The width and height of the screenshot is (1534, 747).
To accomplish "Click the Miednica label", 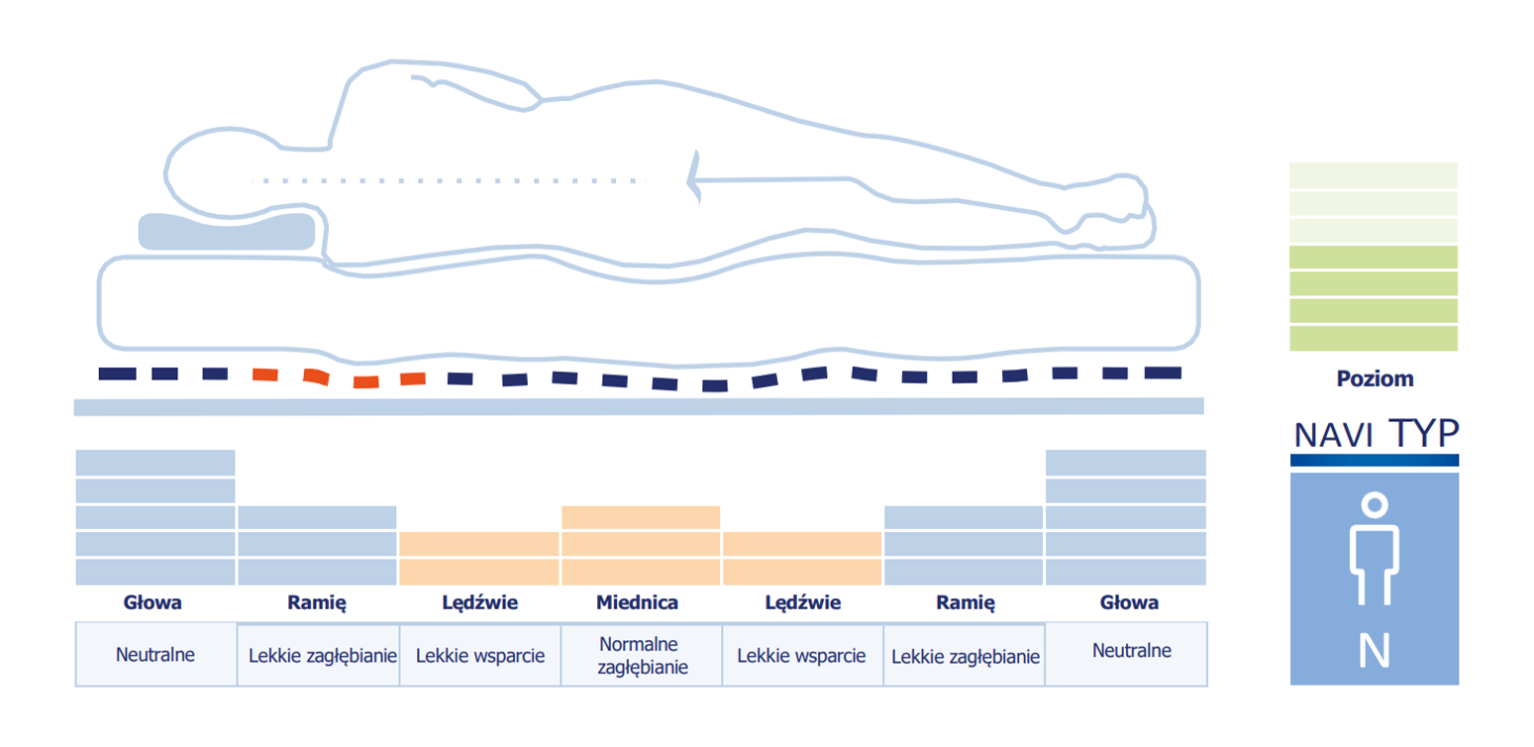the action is pos(637,602).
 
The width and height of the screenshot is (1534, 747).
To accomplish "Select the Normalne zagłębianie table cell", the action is pos(642,655).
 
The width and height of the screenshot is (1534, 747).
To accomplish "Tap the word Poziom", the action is pos(1376,378).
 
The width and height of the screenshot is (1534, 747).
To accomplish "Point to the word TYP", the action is pos(1424,433).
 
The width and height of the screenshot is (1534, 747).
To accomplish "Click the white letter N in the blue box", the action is pos(1375,650).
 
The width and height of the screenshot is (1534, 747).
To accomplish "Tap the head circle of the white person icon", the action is pos(1375,505).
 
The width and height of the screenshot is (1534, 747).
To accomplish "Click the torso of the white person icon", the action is pos(1375,548).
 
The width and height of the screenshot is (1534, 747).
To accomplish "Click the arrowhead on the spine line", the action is pos(694,179).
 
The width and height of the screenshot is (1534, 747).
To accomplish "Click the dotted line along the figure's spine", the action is pos(449,181).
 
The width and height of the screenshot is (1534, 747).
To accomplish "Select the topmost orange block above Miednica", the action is pos(641,517).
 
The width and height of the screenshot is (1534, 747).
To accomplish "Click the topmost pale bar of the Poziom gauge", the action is pos(1374,175).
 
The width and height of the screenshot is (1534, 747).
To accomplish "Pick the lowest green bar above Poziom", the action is pos(1374,339).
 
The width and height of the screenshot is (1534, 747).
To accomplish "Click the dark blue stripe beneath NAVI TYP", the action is pos(1375,461).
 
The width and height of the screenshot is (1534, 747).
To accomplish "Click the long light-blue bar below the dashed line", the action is pos(639,406).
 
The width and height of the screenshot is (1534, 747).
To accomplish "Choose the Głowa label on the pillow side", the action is pos(153,602).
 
